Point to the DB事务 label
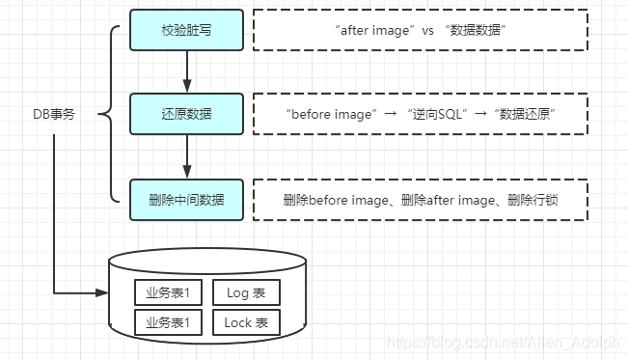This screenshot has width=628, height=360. (53, 115)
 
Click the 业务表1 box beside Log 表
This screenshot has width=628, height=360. (167, 292)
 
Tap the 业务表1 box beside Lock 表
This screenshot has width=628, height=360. (167, 322)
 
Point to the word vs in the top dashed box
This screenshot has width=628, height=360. (426, 31)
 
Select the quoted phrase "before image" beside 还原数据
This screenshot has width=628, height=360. (330, 115)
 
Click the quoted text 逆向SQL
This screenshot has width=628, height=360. (438, 115)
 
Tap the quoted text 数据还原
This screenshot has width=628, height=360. (525, 115)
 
